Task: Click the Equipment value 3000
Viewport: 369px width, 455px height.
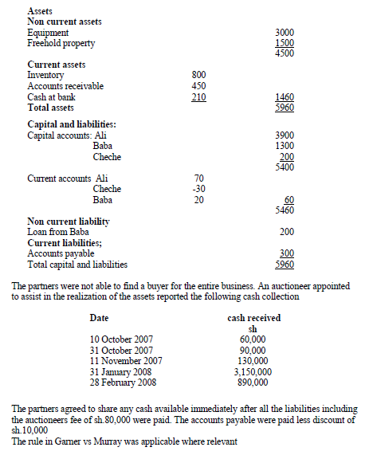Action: pyautogui.click(x=285, y=32)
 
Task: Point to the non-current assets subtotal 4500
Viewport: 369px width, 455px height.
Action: pyautogui.click(x=285, y=53)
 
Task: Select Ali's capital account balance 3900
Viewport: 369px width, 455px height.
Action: pyautogui.click(x=284, y=136)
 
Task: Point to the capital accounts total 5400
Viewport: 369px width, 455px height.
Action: pyautogui.click(x=284, y=167)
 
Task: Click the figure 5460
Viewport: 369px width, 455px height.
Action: pyautogui.click(x=284, y=210)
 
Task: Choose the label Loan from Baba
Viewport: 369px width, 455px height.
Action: pyautogui.click(x=58, y=232)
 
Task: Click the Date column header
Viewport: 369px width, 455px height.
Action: pyautogui.click(x=100, y=318)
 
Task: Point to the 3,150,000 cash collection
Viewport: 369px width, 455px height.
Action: pyautogui.click(x=253, y=371)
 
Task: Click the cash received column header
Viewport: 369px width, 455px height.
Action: pyautogui.click(x=253, y=318)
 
